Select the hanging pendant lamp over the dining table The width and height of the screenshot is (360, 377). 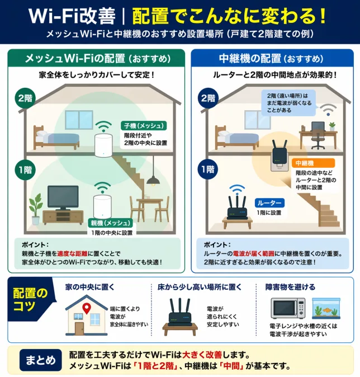click(150, 180)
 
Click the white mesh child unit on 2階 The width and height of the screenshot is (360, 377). click(102, 145)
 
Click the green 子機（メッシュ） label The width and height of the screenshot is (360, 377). click(144, 125)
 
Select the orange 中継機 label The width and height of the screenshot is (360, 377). click(305, 163)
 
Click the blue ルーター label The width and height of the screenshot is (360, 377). click(269, 203)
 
